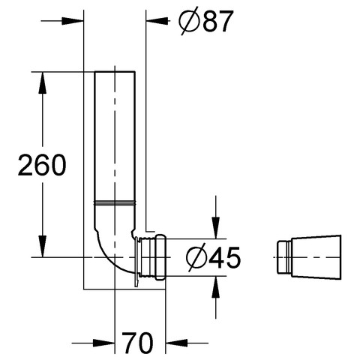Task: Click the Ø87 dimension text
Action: (x=205, y=21)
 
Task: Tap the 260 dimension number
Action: (x=42, y=165)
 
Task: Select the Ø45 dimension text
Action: (x=213, y=257)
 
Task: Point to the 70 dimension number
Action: (x=137, y=343)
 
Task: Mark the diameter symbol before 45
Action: (x=197, y=258)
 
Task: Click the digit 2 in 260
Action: (x=25, y=165)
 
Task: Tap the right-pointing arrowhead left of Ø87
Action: (x=73, y=21)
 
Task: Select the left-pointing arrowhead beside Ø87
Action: (x=157, y=21)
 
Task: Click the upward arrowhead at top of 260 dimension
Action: (x=43, y=83)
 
